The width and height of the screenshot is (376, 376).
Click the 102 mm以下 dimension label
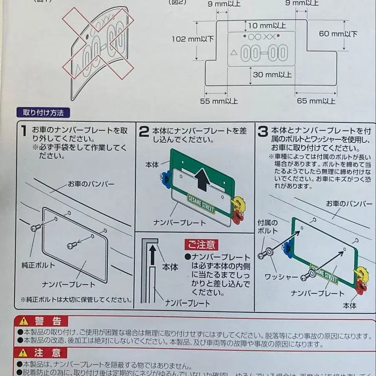pyautogui.click(x=193, y=39)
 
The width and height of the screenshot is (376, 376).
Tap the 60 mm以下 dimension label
pyautogui.click(x=339, y=34)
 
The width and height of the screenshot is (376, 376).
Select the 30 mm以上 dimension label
pyautogui.click(x=272, y=75)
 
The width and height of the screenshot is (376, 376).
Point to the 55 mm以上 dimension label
pyautogui.click(x=219, y=101)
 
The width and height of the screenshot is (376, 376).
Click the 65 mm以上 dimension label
pyautogui.click(x=316, y=101)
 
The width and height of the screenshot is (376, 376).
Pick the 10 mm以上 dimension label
pyautogui.click(x=267, y=25)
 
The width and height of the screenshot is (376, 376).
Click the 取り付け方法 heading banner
pyautogui.click(x=41, y=113)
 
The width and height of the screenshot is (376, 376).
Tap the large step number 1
pyautogui.click(x=25, y=132)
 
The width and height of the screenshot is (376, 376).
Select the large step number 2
pyautogui.click(x=143, y=132)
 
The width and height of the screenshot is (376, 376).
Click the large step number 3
pyautogui.click(x=262, y=132)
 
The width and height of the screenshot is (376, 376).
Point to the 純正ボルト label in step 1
pyautogui.click(x=38, y=265)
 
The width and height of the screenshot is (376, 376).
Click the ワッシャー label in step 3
pyautogui.click(x=282, y=277)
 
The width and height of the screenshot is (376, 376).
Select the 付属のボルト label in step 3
pyautogui.click(x=267, y=227)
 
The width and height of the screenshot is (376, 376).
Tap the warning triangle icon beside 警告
pyautogui.click(x=24, y=321)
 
